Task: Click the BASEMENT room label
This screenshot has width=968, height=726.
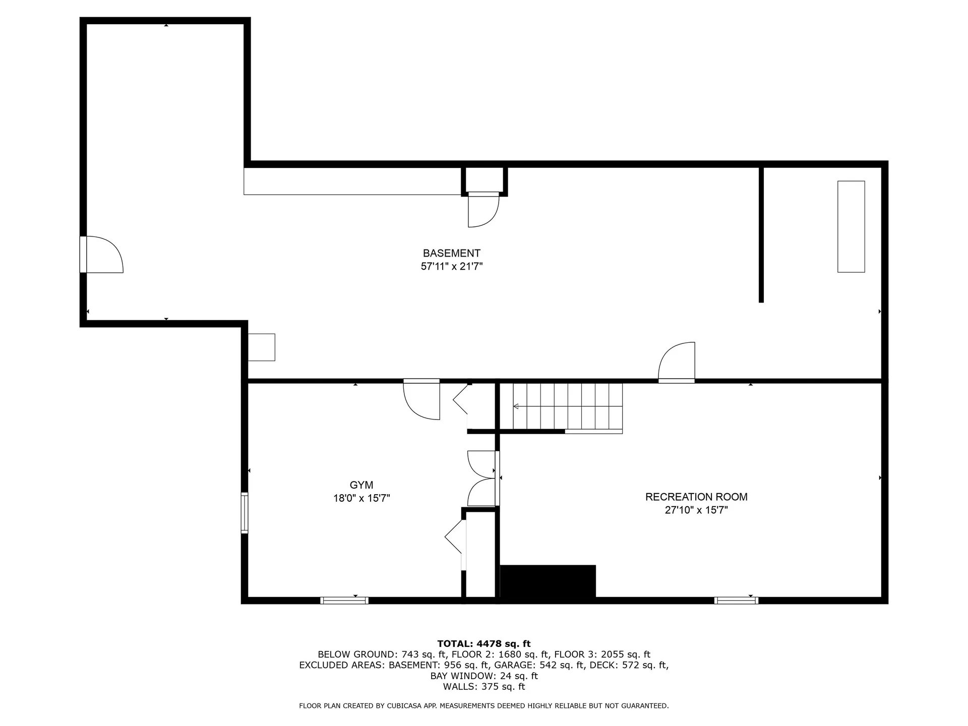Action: (451, 253)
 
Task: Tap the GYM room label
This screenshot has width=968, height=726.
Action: (361, 485)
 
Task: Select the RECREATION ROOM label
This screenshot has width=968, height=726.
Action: (696, 497)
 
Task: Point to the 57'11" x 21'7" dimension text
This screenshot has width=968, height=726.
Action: (451, 267)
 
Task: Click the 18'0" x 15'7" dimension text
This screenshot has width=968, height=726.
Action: (361, 499)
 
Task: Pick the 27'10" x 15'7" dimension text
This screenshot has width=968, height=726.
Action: (696, 510)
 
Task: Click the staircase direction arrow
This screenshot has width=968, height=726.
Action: (516, 406)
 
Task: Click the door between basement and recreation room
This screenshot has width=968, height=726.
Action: (677, 362)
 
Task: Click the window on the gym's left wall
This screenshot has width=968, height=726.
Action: (245, 513)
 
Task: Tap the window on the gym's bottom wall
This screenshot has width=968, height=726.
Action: (344, 600)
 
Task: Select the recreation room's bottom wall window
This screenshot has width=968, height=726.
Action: (736, 600)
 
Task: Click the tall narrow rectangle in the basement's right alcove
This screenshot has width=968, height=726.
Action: (851, 226)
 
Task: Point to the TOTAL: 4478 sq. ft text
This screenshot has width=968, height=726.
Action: (483, 644)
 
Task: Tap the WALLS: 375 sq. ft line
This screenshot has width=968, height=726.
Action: (483, 687)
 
